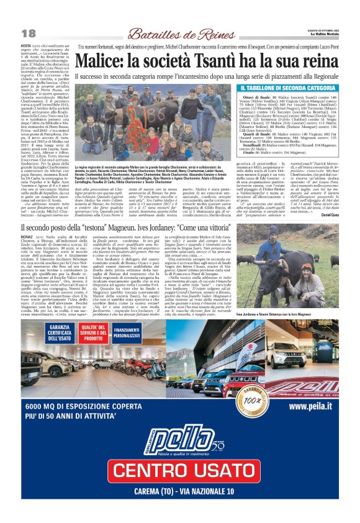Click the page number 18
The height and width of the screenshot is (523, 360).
[x=28, y=33]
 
